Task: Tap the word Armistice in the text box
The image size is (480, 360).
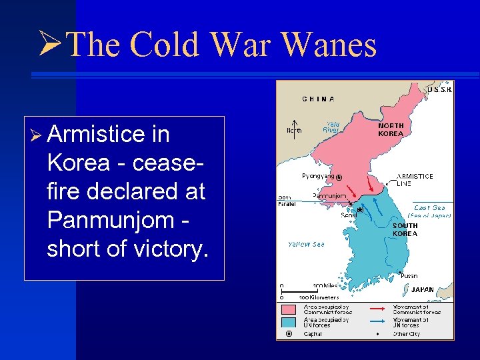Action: click(99, 135)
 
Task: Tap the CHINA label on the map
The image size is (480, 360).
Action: click(318, 99)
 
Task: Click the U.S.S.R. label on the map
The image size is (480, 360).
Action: click(440, 89)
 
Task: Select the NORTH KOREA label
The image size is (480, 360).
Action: click(391, 129)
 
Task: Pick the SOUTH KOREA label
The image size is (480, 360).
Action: click(405, 229)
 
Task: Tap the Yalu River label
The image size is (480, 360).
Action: click(331, 127)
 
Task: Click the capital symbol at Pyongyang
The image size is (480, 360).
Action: click(339, 177)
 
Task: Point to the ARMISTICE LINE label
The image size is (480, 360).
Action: click(415, 180)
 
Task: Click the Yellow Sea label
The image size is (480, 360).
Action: click(306, 244)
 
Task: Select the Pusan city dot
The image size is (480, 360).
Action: click(399, 272)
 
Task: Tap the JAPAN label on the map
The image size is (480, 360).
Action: click(423, 290)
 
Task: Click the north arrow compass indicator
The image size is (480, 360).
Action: click(293, 130)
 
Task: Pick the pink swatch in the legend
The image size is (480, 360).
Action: click(289, 309)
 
